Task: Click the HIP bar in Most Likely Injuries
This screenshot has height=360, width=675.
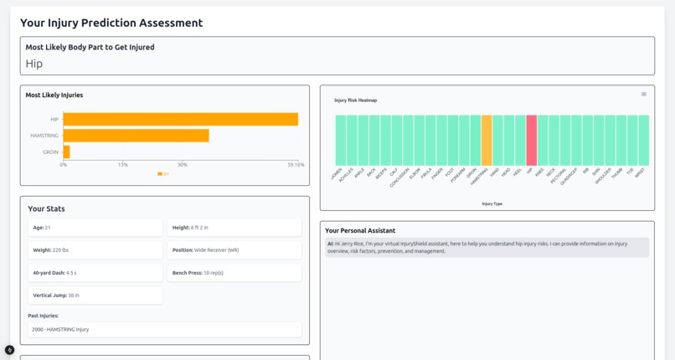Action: point(180,119)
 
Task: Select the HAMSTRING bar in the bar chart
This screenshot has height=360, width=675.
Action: point(136,136)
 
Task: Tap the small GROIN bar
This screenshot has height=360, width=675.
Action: point(66,152)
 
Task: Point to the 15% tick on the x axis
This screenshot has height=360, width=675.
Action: point(123,165)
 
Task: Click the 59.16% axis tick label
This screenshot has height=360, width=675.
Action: point(296,165)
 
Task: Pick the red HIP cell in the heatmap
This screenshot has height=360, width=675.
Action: point(531,141)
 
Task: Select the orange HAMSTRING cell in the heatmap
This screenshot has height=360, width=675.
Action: point(487,141)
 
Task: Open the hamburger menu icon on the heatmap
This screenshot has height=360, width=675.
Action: point(643,95)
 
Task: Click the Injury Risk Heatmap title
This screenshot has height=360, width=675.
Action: point(356,100)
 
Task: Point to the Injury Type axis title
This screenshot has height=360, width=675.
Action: point(492,203)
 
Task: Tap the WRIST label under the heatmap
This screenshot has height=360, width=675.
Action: point(641,173)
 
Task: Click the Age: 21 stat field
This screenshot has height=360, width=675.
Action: point(95,228)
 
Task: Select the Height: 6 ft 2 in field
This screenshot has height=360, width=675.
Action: point(234,228)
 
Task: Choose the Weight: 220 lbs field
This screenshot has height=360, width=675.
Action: point(95,250)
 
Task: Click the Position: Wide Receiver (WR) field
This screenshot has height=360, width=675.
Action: point(234,250)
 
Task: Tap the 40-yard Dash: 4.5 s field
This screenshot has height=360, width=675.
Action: point(95,273)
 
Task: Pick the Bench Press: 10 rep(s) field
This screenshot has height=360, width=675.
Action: point(234,273)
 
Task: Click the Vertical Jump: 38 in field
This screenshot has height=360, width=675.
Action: point(95,296)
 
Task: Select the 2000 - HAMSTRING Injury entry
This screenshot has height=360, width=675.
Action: point(164,330)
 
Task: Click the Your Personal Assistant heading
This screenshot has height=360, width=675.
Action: point(360,230)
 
